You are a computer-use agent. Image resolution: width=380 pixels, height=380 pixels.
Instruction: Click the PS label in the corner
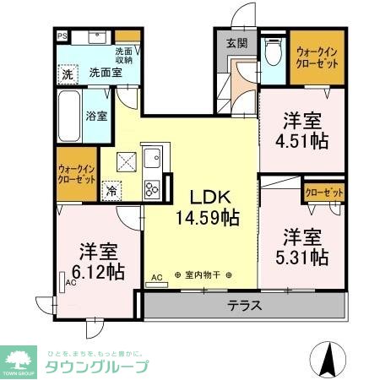pos(63,36)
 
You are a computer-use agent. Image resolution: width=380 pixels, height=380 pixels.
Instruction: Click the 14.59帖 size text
pos(207,217)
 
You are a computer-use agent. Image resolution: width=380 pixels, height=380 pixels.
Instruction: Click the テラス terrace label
pos(243,306)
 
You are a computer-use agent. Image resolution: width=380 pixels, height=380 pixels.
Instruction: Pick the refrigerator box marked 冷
pos(111,192)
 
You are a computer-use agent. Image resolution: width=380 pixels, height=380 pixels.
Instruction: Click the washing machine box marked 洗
pos(68,73)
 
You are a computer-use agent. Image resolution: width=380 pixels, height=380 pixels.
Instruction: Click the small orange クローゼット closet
pos(323,193)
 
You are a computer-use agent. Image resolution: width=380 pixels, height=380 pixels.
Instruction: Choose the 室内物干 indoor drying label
pos(202,275)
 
